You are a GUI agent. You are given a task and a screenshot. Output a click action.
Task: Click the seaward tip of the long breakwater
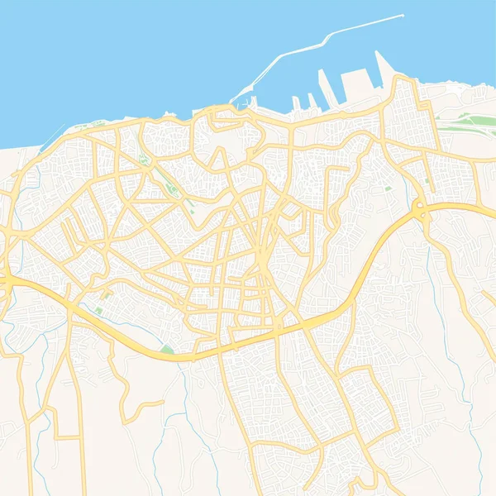tap(403, 15)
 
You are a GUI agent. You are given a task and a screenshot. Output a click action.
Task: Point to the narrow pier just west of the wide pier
tap(323, 87)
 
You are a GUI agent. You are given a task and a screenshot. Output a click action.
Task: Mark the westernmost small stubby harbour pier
tap(295, 103)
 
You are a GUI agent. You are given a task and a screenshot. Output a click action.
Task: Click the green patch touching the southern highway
tap(167, 351)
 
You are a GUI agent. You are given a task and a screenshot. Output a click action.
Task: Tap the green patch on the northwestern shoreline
tap(99, 123)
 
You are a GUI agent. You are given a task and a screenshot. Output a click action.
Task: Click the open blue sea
tap(124, 50)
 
